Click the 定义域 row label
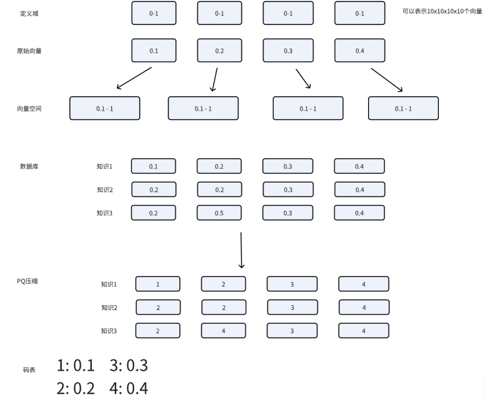[x=29, y=13]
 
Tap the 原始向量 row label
[x=29, y=51]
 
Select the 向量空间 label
[x=29, y=109]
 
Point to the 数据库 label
[x=29, y=166]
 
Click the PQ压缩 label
[x=27, y=281]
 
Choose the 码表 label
[x=29, y=369]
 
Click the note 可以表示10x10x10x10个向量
[x=442, y=11]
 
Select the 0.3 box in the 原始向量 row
[x=288, y=50]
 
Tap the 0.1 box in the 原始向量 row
[x=154, y=50]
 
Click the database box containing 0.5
[x=219, y=213]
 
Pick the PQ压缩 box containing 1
[x=158, y=284]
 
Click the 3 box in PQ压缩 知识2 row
[x=292, y=307]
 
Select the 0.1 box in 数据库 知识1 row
[x=153, y=166]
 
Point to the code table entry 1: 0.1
[x=76, y=365]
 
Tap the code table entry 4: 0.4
[x=129, y=388]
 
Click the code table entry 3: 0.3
[x=129, y=365]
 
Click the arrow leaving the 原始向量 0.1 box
[x=134, y=78]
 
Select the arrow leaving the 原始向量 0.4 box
[x=387, y=80]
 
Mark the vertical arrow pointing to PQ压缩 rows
[x=241, y=250]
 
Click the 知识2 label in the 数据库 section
[x=105, y=190]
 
